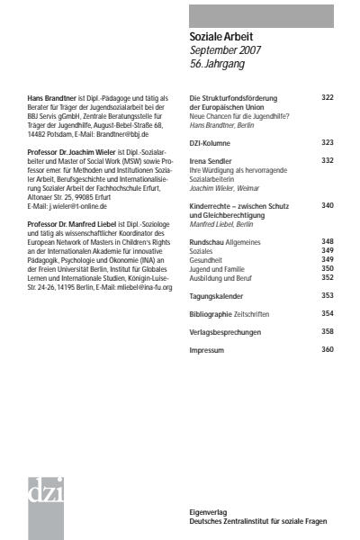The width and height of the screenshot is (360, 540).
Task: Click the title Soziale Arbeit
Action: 220,35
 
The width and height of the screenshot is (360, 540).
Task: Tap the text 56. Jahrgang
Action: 218,64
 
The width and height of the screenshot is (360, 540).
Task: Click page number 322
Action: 328,96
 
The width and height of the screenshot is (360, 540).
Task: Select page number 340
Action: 328,205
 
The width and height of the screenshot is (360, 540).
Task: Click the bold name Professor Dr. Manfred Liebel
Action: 79,222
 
